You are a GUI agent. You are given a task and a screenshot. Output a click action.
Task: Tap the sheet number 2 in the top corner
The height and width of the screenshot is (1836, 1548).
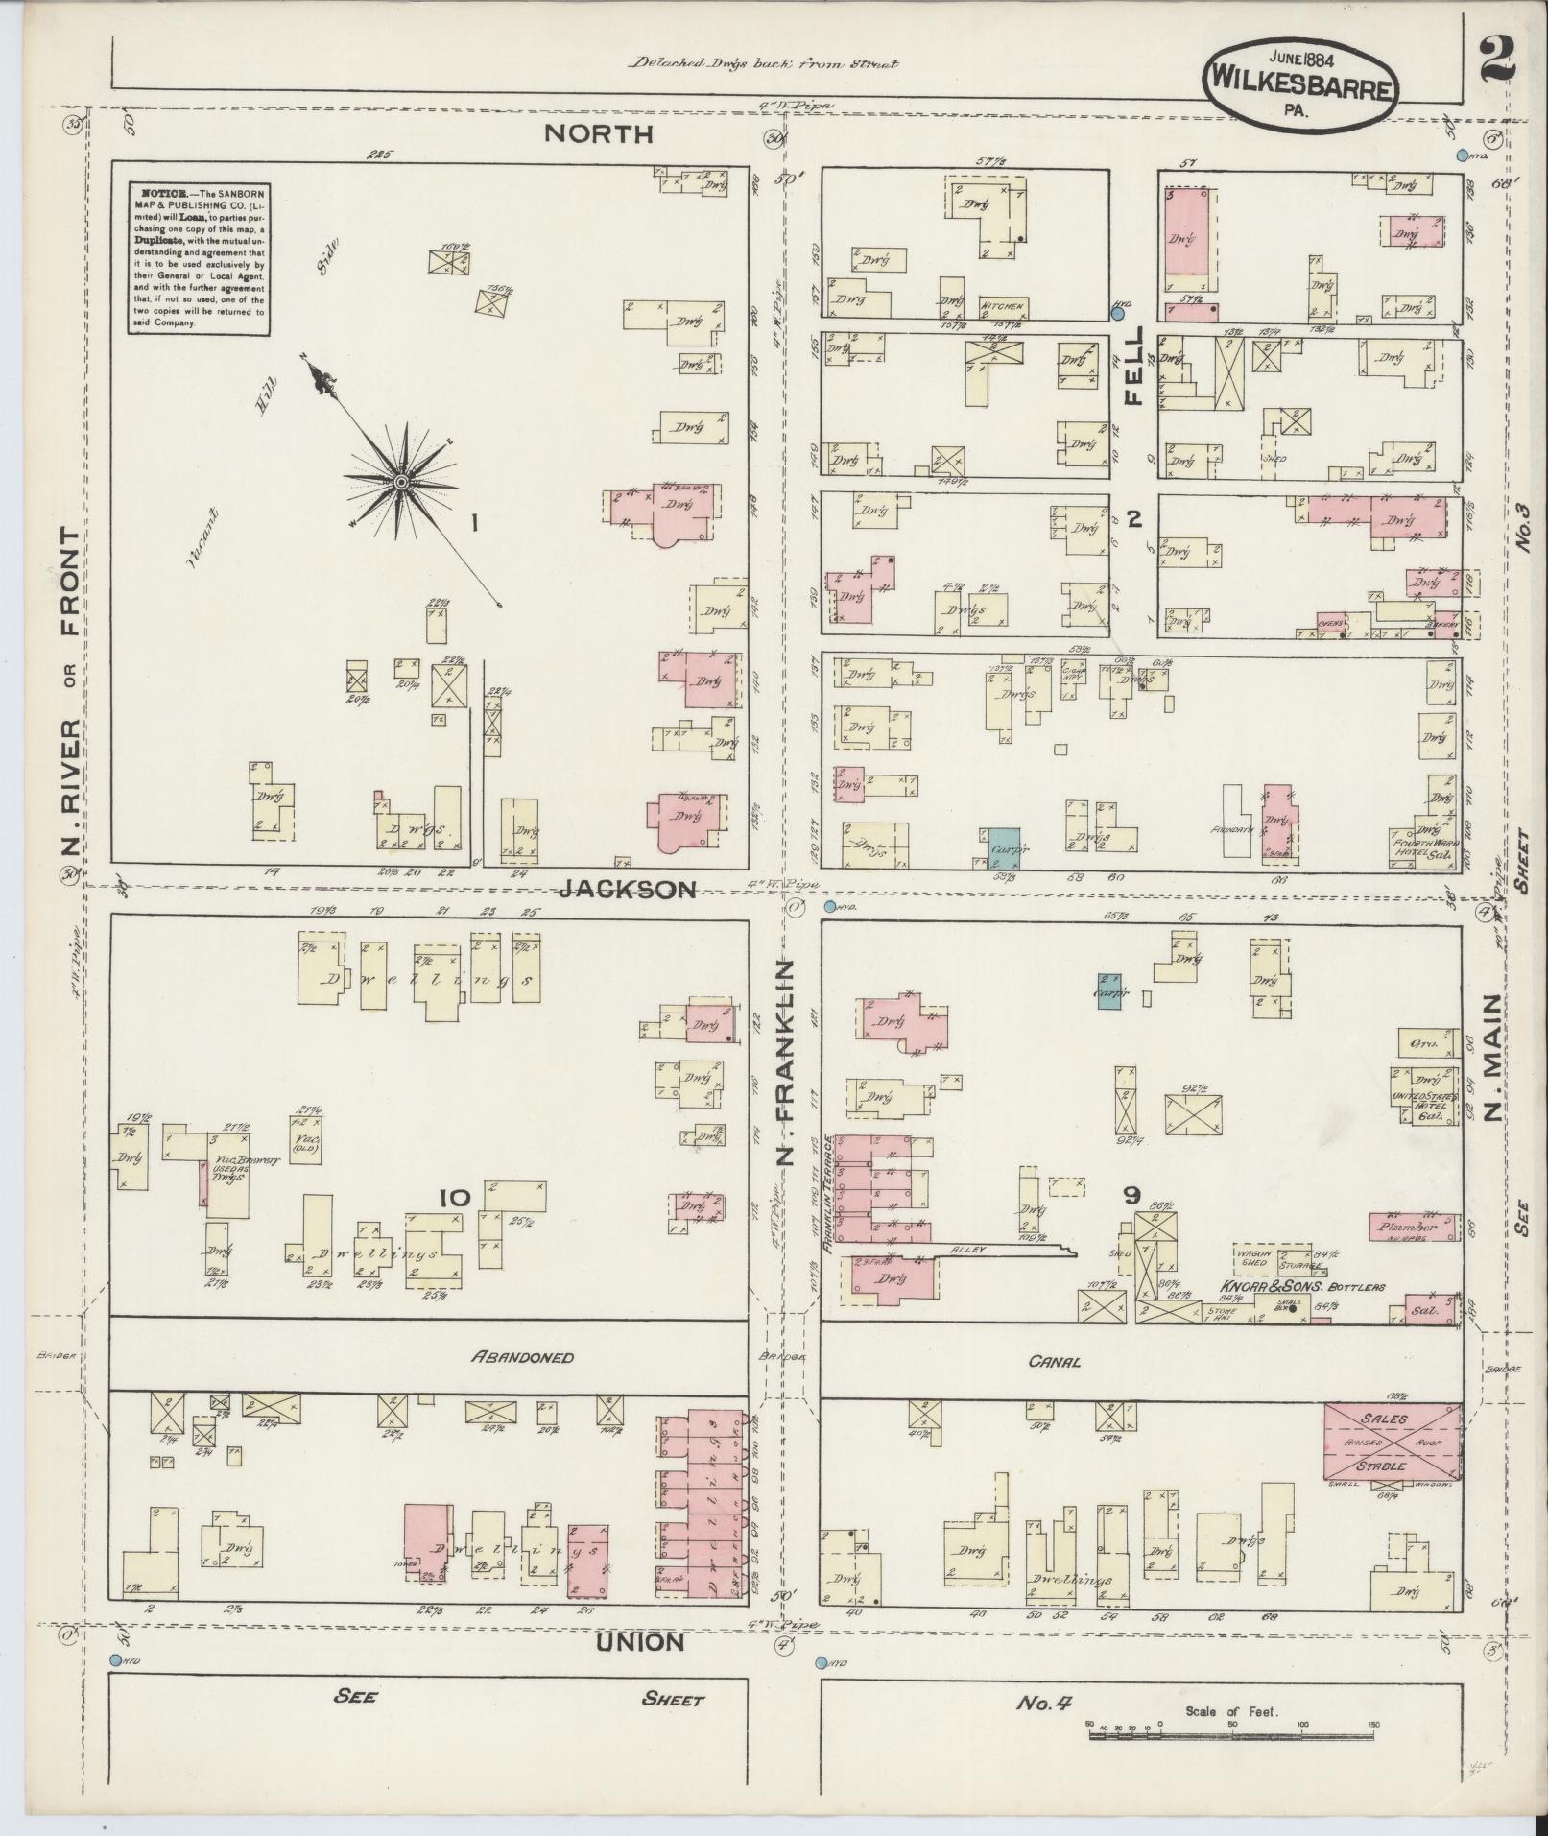click(x=1496, y=61)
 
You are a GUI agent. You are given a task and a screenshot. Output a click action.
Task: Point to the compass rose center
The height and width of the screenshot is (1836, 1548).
click(x=400, y=480)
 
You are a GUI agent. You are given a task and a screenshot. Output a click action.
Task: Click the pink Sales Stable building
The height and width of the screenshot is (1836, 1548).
click(x=1393, y=1443)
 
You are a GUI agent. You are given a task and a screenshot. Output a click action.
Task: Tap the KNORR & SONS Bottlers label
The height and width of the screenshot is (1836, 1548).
click(x=1302, y=1286)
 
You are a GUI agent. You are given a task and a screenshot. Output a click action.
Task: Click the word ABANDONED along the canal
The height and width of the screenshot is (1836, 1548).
click(x=523, y=1357)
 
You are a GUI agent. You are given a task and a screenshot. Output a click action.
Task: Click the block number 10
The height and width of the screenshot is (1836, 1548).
click(x=454, y=1198)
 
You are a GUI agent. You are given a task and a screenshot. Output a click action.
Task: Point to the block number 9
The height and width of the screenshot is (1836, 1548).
click(x=1131, y=1195)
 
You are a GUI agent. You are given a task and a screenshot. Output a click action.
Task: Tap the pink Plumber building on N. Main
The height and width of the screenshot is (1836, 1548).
click(x=1412, y=1226)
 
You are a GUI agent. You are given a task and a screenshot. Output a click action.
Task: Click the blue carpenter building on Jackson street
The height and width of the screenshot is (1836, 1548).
click(x=999, y=848)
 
